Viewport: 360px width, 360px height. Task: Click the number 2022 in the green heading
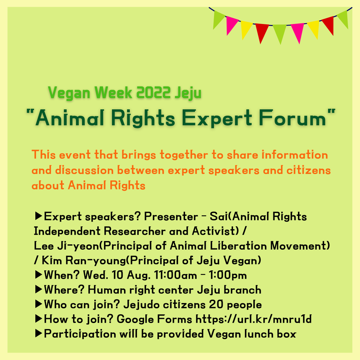153,93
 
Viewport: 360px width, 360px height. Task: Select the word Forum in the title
293,118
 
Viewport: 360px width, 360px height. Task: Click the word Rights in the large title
143,118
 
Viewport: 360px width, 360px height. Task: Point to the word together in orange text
184,155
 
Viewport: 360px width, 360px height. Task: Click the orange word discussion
84,170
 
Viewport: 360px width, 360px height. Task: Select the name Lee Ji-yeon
66,246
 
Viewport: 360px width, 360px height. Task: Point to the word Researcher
135,231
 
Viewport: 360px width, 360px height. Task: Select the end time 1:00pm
228,275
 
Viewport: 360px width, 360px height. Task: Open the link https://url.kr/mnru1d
253,319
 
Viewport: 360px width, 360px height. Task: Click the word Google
135,320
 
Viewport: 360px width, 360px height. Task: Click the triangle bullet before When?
38,275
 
